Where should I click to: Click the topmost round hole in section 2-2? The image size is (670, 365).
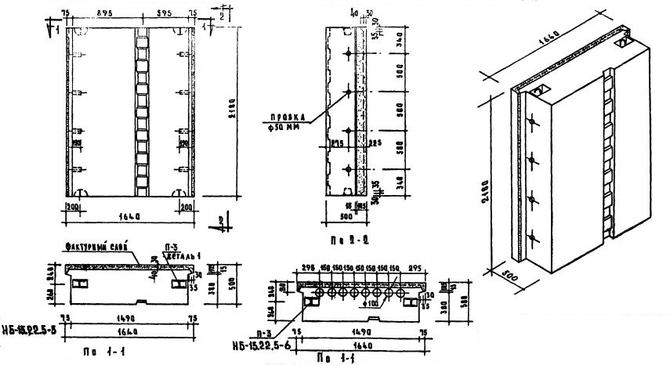[x=348, y=54]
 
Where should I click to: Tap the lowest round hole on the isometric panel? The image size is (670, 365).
[x=532, y=238]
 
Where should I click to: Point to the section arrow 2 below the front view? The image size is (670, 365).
[x=223, y=222]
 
